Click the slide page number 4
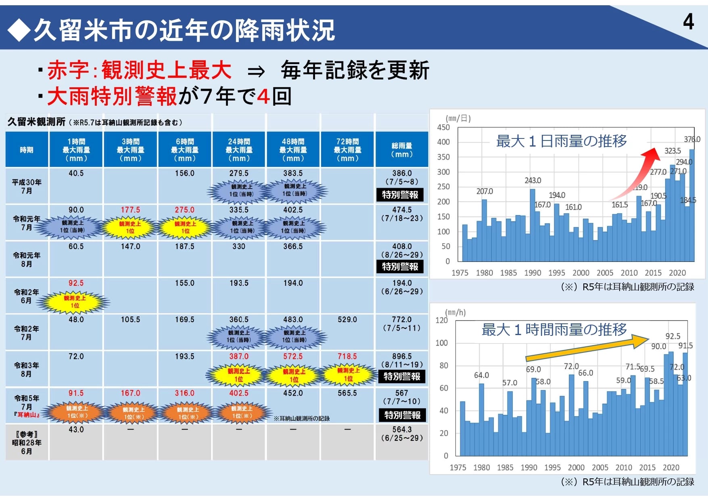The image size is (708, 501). [688, 22]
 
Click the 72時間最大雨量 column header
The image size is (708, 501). [347, 150]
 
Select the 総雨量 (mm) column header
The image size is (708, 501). [402, 150]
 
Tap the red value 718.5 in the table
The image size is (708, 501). [347, 356]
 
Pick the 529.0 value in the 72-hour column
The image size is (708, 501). [347, 320]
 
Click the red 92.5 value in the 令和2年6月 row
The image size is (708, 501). [76, 283]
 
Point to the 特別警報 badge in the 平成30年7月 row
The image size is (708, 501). [400, 195]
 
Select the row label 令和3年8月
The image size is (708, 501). [27, 369]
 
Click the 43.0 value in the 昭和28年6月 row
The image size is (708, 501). [76, 430]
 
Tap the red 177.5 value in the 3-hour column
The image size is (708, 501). [130, 210]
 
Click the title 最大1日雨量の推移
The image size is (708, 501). [561, 141]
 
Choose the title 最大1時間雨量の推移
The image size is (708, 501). [554, 330]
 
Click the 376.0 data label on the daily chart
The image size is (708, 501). [692, 139]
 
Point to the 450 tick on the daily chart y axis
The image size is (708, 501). [443, 128]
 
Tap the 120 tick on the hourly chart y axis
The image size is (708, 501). [442, 320]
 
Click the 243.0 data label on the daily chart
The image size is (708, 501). [533, 180]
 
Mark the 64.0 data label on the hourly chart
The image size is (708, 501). [481, 375]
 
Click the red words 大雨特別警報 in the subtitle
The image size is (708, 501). [112, 97]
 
